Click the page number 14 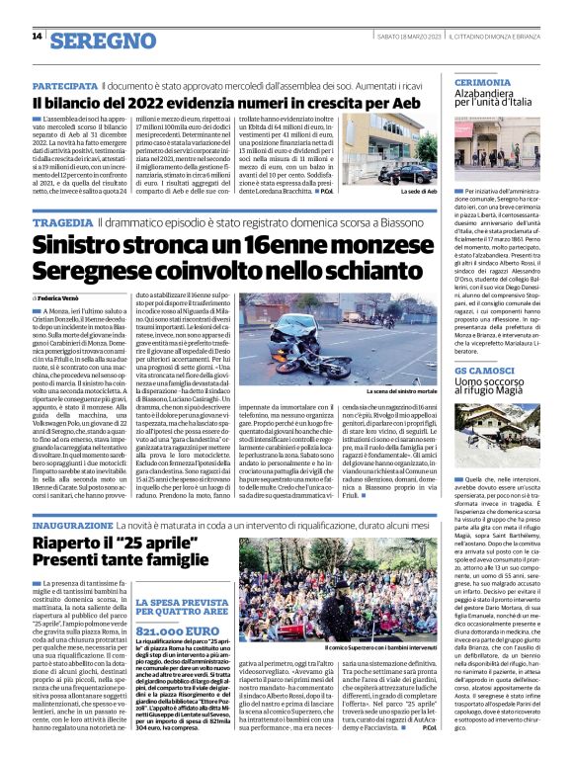37,38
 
